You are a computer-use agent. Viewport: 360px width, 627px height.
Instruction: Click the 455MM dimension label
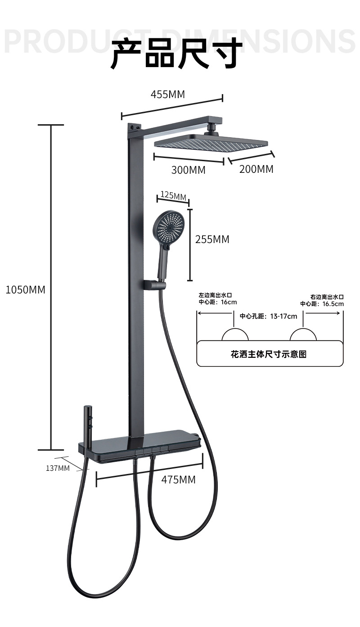pos(167,94)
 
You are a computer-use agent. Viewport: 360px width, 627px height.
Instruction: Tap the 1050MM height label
pos(25,289)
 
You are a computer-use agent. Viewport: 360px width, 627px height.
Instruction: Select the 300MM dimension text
pos(188,170)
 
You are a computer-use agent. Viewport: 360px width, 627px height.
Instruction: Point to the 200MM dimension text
pos(256,169)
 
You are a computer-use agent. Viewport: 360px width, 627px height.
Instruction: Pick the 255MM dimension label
pos(212,239)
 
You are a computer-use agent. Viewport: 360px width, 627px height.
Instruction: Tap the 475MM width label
pos(178,479)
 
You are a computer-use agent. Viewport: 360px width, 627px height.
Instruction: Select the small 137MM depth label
pos(58,468)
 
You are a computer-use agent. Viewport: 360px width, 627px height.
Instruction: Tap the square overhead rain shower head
pos(210,142)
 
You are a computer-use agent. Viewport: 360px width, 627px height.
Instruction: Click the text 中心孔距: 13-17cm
pos(268,316)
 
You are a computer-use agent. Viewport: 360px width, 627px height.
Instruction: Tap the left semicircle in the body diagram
pos(235,335)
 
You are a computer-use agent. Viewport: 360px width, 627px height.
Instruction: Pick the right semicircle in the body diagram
pos(303,335)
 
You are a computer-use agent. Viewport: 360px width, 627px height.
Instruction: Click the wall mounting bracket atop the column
pos(135,129)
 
